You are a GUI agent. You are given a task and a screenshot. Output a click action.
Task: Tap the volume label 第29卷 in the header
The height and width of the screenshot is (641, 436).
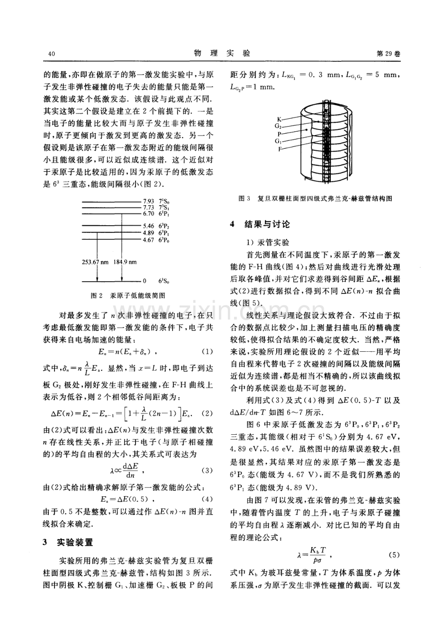388,54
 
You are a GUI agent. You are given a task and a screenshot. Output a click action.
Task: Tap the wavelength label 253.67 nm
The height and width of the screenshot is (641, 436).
96,262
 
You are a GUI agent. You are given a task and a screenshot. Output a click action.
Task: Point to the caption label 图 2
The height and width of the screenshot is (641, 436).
96,295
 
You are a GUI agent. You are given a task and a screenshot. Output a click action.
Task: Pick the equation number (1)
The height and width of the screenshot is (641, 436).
207,352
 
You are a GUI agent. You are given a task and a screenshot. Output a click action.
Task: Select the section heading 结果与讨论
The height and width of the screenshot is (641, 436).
266,224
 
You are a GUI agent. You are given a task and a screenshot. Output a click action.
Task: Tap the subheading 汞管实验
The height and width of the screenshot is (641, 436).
272,241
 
